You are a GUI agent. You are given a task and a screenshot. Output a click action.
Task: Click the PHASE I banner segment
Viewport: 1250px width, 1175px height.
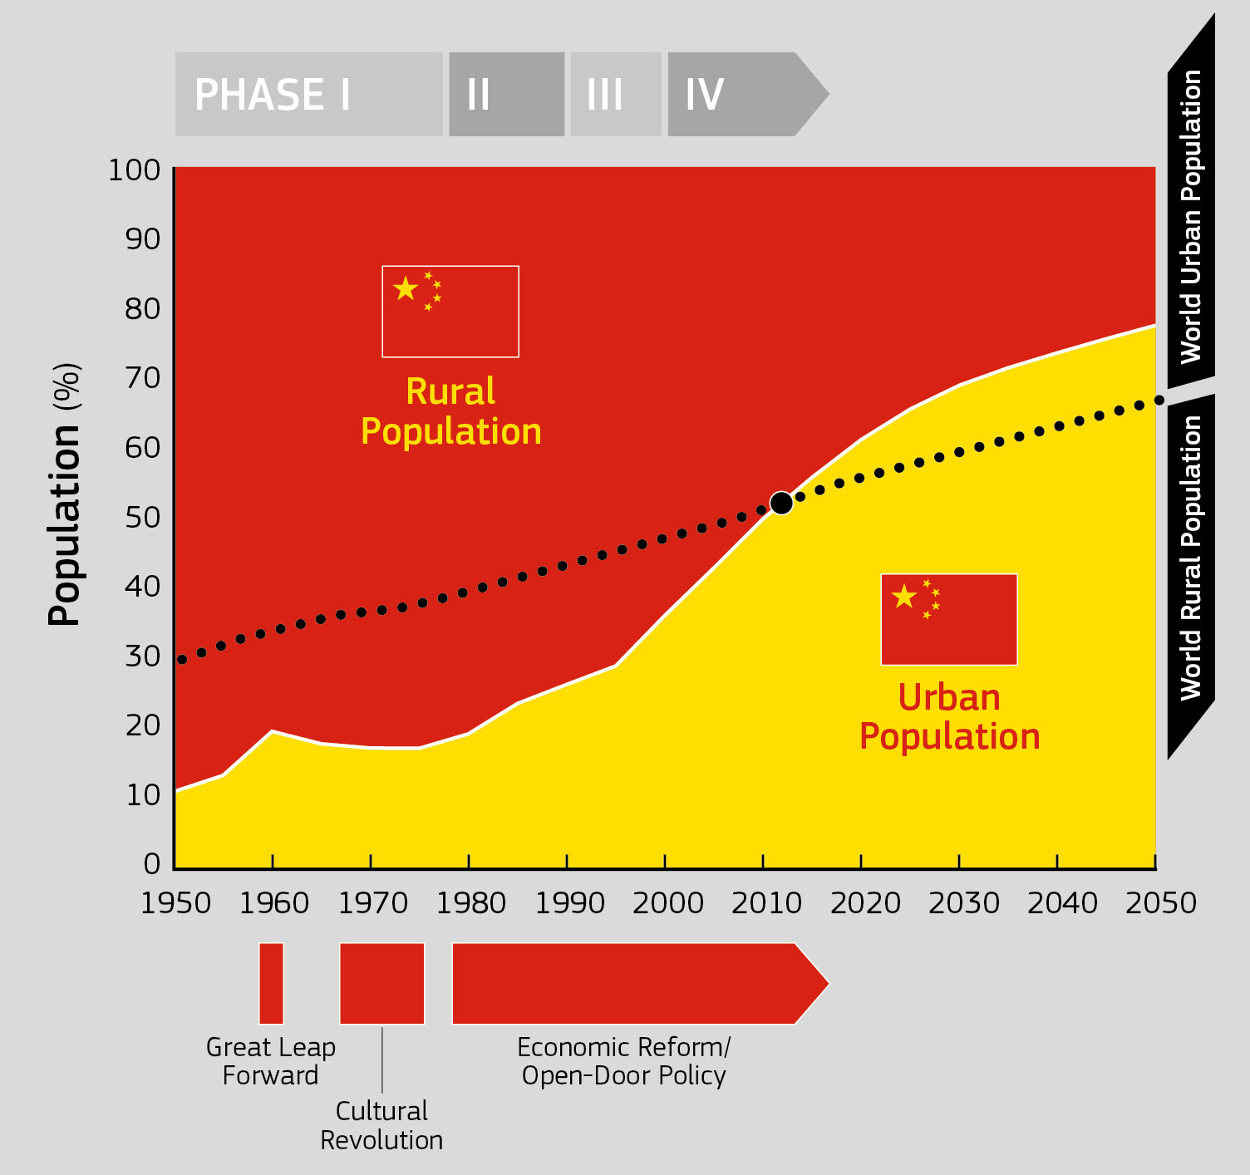(x=308, y=95)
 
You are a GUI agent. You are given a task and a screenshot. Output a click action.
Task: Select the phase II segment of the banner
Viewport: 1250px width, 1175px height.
(x=507, y=95)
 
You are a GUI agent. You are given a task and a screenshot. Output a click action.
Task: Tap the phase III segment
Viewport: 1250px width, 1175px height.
(x=616, y=95)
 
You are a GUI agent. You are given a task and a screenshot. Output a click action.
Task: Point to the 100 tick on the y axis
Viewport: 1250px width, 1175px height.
(x=134, y=170)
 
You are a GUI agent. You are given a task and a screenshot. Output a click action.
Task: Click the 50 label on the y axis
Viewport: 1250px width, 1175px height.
(x=143, y=518)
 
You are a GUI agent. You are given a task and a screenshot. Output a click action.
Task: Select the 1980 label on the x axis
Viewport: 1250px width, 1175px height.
(x=470, y=903)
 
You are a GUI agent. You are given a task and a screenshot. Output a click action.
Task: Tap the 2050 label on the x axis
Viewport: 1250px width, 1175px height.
(x=1160, y=903)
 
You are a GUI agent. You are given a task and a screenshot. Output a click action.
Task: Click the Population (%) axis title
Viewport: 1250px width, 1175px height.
(x=64, y=494)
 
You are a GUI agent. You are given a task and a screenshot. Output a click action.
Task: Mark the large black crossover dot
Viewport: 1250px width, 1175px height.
(x=781, y=503)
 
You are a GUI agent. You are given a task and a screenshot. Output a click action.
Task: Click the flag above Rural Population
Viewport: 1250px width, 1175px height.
(x=450, y=312)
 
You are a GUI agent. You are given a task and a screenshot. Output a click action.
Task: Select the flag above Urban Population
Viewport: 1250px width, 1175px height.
(x=949, y=619)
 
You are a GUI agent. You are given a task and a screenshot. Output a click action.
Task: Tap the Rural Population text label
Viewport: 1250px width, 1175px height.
(x=450, y=411)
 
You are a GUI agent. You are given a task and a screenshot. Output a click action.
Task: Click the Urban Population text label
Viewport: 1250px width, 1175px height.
(x=950, y=717)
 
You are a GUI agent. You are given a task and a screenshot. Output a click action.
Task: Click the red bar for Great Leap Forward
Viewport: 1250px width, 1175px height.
(x=271, y=983)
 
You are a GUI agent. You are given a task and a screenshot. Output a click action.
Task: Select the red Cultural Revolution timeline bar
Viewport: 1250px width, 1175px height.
(x=382, y=983)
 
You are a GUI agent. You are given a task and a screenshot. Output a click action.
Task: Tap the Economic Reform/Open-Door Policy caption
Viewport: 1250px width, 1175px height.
(x=623, y=1061)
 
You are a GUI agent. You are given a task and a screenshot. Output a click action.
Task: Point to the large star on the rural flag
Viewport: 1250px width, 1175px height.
(x=406, y=288)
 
